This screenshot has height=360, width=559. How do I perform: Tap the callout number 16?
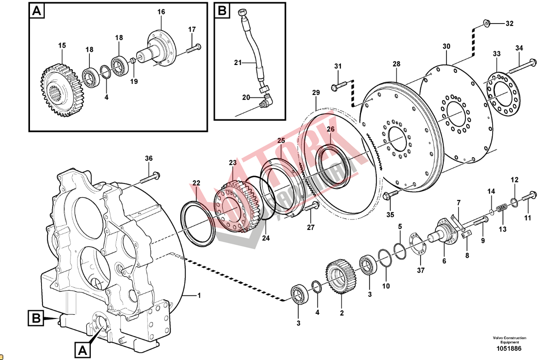point(161,12)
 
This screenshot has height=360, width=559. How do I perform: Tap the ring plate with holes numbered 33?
point(500,94)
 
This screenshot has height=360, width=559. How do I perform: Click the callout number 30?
point(446,47)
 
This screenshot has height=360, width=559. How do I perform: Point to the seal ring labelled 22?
point(198,224)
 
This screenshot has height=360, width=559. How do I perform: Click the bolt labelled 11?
point(528,197)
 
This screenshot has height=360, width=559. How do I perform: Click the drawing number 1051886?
point(509,349)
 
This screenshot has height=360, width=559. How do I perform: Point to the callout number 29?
point(315,93)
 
